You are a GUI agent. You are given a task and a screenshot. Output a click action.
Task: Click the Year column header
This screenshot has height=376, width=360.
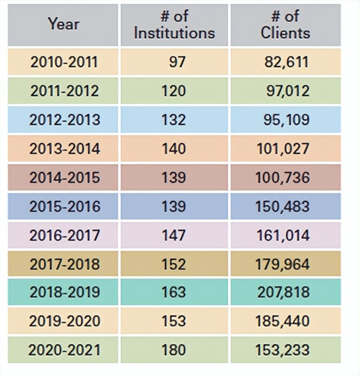63,24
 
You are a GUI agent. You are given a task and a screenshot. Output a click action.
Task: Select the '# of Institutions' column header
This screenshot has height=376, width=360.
174,25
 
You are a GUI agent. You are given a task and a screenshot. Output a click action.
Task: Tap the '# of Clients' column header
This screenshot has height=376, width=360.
285,25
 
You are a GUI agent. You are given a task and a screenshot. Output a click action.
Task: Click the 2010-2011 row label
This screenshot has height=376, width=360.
63,62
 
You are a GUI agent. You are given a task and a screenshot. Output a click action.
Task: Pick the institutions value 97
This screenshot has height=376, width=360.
174,62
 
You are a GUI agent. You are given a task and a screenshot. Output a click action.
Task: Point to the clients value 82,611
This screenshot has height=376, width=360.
285,62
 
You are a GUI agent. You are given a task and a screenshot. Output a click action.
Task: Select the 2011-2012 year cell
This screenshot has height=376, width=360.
63,91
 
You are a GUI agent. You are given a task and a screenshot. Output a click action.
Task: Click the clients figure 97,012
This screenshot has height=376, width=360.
285,91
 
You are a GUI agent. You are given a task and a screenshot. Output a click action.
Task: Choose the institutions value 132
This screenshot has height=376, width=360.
174,120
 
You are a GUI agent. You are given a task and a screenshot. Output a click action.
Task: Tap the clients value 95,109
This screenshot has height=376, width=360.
285,120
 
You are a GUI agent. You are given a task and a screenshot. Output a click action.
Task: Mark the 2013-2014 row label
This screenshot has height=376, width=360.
63,149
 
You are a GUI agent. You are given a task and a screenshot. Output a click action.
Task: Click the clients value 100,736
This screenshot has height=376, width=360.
285,177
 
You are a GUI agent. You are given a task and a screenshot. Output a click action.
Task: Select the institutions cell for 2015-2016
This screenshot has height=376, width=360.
174,206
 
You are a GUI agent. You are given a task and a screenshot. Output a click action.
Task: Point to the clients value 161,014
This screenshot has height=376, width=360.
285,235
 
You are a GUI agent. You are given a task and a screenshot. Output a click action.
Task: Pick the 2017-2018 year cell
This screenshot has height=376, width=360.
63,264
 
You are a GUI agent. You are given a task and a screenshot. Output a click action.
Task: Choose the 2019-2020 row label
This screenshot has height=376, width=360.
63,321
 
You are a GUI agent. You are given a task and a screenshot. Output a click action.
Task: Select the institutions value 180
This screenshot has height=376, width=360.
174,350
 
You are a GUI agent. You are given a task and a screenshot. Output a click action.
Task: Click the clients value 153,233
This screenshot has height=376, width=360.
285,350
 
